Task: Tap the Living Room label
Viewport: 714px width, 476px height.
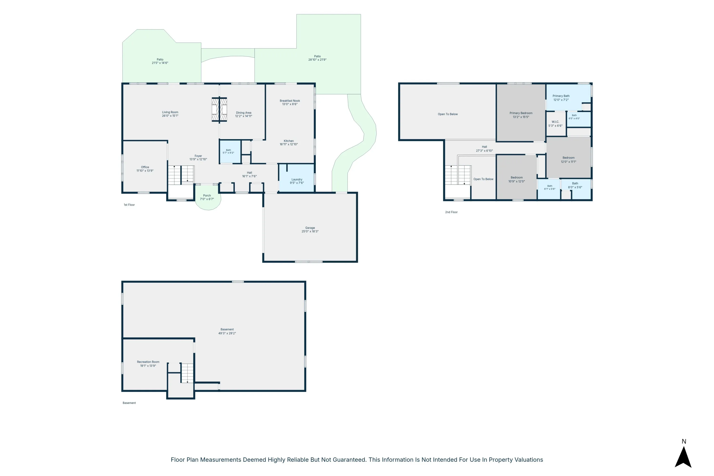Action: pyautogui.click(x=170, y=112)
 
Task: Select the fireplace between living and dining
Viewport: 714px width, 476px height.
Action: pyautogui.click(x=219, y=109)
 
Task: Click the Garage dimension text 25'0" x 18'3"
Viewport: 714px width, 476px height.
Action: pyautogui.click(x=310, y=231)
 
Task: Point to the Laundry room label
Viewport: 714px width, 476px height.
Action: pyautogui.click(x=297, y=179)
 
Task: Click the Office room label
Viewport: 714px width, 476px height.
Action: pyautogui.click(x=145, y=167)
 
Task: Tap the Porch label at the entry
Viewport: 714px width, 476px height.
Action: pyautogui.click(x=207, y=195)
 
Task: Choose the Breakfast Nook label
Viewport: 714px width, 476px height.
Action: pyautogui.click(x=290, y=101)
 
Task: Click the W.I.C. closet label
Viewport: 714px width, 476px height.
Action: pyautogui.click(x=555, y=122)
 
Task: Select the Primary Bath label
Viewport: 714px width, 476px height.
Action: pyautogui.click(x=561, y=96)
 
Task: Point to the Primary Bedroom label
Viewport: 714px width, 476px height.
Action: pyautogui.click(x=521, y=113)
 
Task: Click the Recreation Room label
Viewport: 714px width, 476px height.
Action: pyautogui.click(x=148, y=362)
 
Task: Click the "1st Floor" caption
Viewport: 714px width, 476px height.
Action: pyautogui.click(x=129, y=205)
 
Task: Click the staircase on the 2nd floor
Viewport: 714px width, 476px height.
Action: pyautogui.click(x=458, y=175)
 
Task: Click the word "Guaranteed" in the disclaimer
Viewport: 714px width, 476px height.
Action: pyautogui.click(x=348, y=460)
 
